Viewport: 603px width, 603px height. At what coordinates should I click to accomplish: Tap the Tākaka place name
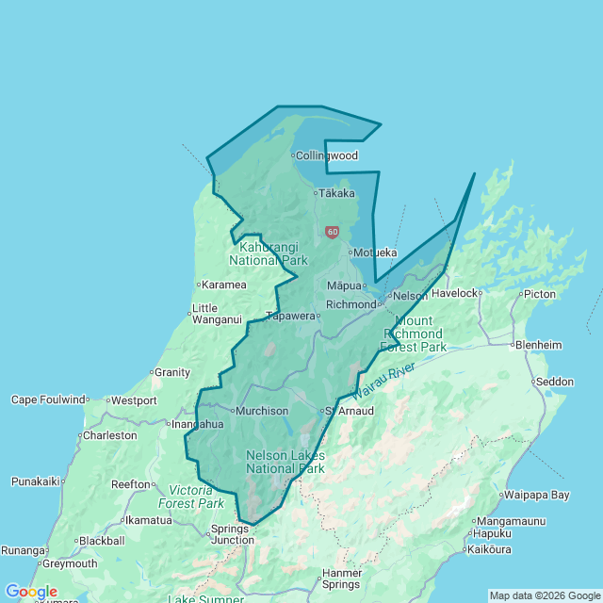[337, 193]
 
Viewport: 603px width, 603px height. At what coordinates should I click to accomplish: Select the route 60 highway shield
[332, 231]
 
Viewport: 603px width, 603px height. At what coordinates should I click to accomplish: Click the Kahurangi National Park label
[269, 253]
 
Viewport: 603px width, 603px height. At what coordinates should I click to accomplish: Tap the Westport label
[135, 400]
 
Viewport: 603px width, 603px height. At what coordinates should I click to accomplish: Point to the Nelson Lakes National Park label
[285, 462]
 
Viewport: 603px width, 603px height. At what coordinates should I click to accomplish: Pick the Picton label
[540, 294]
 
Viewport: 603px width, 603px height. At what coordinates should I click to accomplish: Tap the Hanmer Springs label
[341, 579]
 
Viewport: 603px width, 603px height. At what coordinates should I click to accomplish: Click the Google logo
[31, 592]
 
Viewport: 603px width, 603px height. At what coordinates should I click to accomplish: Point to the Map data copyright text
[545, 595]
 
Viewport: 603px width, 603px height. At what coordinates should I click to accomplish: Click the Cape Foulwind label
[48, 399]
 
